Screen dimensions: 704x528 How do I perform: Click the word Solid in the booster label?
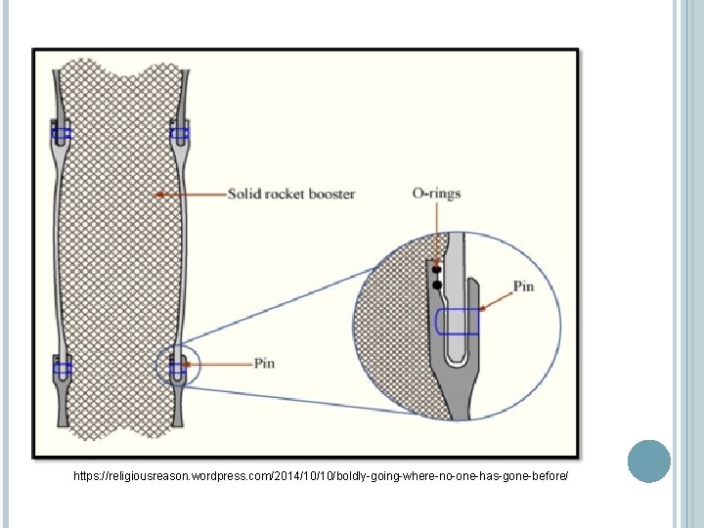tap(244, 194)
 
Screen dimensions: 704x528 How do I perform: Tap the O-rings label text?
tap(436, 194)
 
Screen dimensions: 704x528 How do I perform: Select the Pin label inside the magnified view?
tap(524, 286)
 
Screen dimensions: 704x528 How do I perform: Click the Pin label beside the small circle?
tap(264, 364)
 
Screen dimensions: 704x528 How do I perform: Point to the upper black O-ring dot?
tap(437, 269)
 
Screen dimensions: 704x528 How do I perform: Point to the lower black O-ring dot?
tap(437, 285)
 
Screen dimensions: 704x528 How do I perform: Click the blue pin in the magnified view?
tap(457, 322)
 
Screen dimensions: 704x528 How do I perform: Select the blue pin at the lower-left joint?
tap(62, 369)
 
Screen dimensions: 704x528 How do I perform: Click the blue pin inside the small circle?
tap(178, 368)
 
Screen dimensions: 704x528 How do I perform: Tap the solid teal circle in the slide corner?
tap(648, 462)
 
